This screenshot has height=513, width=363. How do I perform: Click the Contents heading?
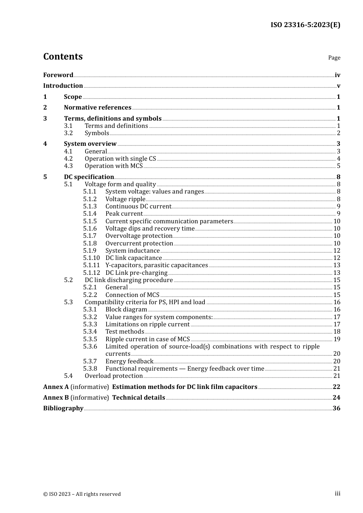point(63,56)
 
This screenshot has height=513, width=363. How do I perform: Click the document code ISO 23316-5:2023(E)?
point(305,25)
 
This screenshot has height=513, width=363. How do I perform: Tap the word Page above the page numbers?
point(334,58)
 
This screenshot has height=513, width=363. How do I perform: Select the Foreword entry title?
point(58,75)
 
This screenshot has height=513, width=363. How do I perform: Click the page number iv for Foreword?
point(337,75)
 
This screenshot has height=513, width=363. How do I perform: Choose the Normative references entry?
point(97,108)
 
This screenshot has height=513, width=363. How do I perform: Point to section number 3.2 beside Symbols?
point(68,133)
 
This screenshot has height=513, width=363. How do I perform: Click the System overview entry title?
point(90,144)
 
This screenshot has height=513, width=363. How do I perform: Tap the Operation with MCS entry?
point(113,166)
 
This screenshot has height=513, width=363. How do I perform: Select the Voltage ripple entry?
point(125,199)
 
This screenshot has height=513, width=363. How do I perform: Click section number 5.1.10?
point(91,258)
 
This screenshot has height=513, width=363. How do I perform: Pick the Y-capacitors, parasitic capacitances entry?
point(157,265)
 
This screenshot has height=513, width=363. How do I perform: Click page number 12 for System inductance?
point(337,251)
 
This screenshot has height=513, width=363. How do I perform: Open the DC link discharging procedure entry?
point(129,280)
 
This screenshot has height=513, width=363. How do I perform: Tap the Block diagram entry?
point(126,310)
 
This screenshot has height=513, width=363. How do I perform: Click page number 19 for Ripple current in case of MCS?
point(337,339)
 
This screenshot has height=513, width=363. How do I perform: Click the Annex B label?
point(56,398)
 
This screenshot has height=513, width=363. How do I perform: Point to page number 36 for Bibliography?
point(336,408)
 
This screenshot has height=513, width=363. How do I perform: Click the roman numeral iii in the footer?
point(337,494)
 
